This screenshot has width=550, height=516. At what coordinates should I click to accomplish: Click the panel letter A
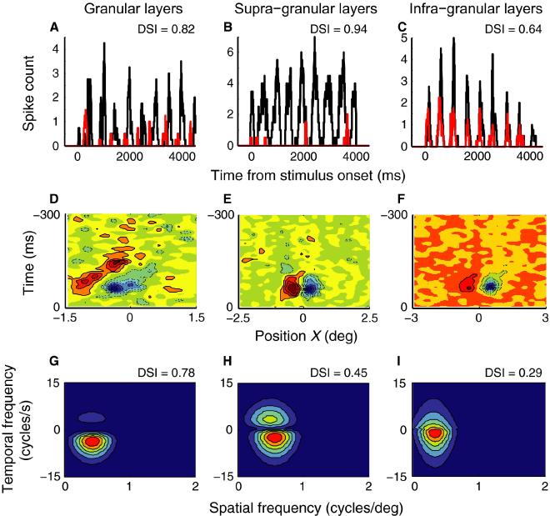(54, 28)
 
